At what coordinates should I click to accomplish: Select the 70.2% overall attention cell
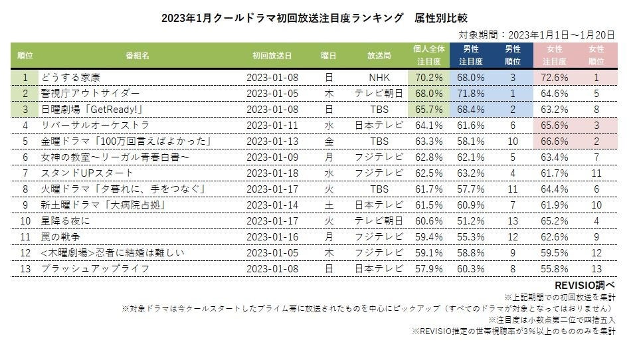(x=428, y=78)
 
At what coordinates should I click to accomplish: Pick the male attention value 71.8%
(x=470, y=94)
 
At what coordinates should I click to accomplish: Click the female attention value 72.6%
(x=556, y=78)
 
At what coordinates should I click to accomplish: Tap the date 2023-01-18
(x=272, y=173)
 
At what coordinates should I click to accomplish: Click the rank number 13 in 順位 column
(x=25, y=269)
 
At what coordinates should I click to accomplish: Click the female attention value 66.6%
(x=556, y=141)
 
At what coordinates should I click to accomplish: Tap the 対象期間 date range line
(x=537, y=35)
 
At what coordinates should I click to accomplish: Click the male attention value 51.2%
(x=470, y=221)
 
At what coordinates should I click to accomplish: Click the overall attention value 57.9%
(x=428, y=269)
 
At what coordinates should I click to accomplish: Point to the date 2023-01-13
(x=272, y=141)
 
